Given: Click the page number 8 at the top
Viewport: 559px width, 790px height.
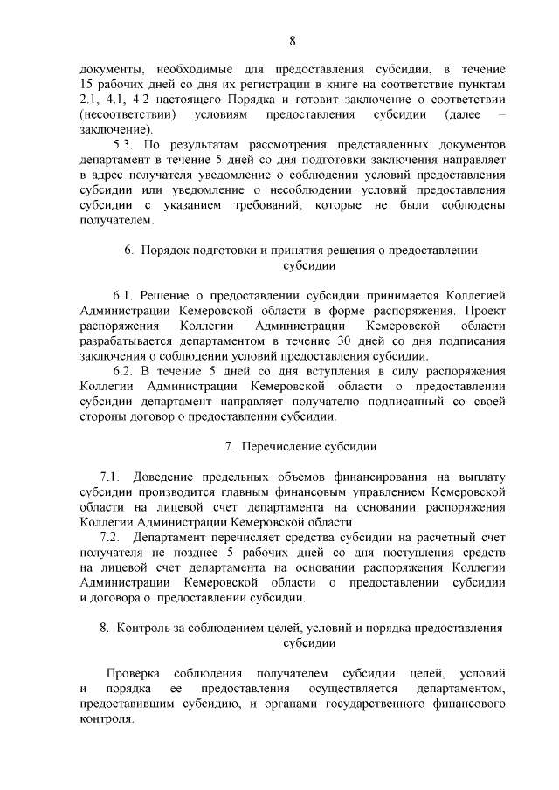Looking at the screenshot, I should click(x=292, y=40).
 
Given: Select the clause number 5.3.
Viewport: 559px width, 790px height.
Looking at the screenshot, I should click(x=126, y=144).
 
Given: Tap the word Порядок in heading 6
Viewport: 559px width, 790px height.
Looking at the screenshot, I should click(x=165, y=250).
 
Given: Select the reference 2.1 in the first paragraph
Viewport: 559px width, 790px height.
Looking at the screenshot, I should click(x=87, y=100).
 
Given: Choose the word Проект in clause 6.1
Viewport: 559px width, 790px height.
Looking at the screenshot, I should click(x=485, y=311).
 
